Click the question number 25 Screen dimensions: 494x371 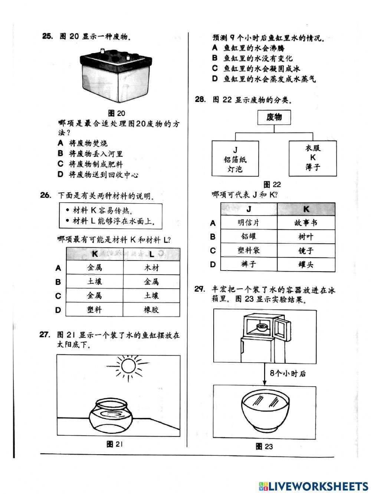pyautogui.click(x=48, y=36)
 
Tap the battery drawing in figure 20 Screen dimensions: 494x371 pyautogui.click(x=116, y=76)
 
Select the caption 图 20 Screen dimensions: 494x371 pyautogui.click(x=116, y=113)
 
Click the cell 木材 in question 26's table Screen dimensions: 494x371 pyautogui.click(x=151, y=268)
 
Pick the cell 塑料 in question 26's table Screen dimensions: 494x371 pyautogui.click(x=94, y=310)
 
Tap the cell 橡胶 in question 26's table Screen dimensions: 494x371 pyautogui.click(x=151, y=310)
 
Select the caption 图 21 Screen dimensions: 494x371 pyautogui.click(x=114, y=444)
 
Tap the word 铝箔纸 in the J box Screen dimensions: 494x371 pyautogui.click(x=235, y=160)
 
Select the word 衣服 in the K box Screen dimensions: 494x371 pyautogui.click(x=313, y=148)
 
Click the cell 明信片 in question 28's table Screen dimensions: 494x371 pyautogui.click(x=249, y=223)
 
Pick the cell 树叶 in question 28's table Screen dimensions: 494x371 pyautogui.click(x=306, y=236)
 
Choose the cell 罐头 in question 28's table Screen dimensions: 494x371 pyautogui.click(x=306, y=265)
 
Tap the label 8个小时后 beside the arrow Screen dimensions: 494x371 pyautogui.click(x=288, y=373)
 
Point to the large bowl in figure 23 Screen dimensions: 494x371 pyautogui.click(x=265, y=412)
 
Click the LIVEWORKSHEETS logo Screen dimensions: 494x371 pyautogui.click(x=313, y=487)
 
